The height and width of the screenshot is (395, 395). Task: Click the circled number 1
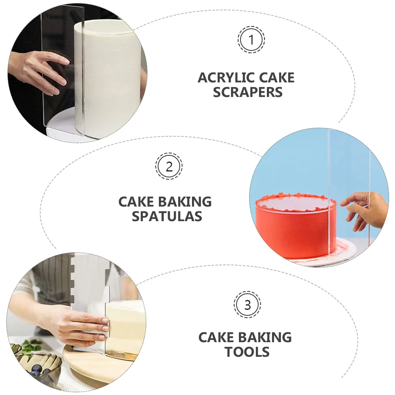pyautogui.click(x=251, y=40)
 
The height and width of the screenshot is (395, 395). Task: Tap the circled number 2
pyautogui.click(x=169, y=167)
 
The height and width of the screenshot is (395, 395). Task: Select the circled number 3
pyautogui.click(x=247, y=305)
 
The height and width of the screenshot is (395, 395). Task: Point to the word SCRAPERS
pyautogui.click(x=248, y=92)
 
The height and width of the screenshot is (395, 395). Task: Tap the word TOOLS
pyautogui.click(x=247, y=352)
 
